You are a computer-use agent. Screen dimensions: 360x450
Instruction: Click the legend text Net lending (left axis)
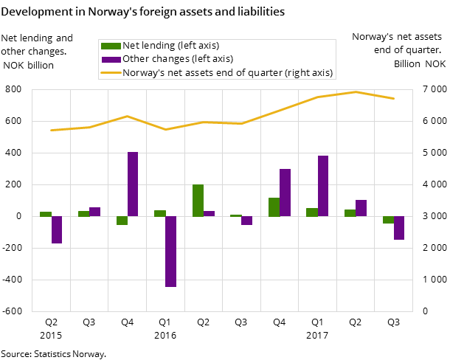170,46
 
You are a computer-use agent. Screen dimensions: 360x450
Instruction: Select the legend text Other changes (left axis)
177,59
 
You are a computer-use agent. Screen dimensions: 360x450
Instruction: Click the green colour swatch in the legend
111,46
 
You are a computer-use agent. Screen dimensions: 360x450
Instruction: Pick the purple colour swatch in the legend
111,59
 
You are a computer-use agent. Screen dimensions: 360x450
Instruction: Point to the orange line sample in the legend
111,72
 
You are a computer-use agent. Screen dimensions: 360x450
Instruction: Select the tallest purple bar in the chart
133,184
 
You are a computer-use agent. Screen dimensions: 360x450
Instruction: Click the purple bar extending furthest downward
170,251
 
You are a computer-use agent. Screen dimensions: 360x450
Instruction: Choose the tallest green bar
198,200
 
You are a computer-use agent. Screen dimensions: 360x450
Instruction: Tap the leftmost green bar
46,214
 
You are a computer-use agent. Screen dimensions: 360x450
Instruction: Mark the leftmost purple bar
57,229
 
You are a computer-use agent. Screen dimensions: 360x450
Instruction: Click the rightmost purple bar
399,228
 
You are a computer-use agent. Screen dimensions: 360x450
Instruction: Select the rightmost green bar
388,220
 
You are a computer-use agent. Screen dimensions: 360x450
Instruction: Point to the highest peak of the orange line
356,91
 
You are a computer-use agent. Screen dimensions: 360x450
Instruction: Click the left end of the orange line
52,130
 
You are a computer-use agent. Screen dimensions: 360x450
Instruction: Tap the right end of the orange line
393,98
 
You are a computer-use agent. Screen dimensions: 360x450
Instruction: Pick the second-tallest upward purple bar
323,186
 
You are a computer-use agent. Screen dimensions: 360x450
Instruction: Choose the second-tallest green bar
274,207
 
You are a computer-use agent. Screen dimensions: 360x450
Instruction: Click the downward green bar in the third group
122,221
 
